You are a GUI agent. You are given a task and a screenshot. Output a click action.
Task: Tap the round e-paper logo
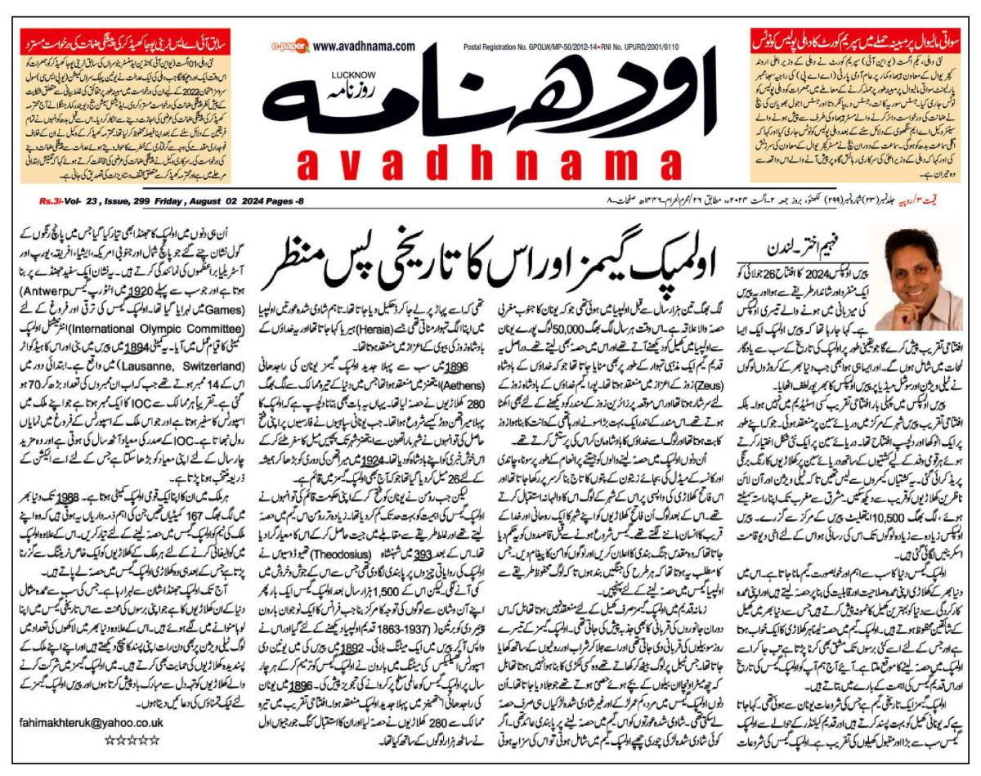291,47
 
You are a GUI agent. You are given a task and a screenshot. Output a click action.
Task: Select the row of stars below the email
131,740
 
